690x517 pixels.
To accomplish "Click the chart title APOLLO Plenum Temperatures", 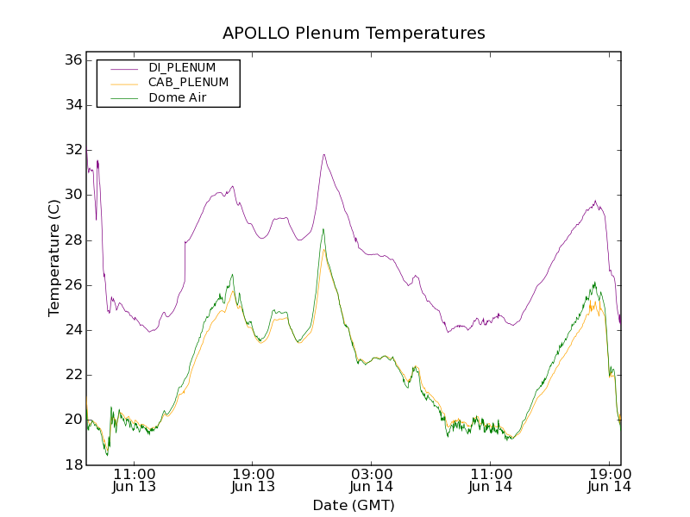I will pyautogui.click(x=354, y=34).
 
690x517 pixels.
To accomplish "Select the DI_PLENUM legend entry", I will pyautogui.click(x=182, y=67).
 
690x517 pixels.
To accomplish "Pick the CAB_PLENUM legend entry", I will pyautogui.click(x=188, y=83).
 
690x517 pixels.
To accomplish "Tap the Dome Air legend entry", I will pyautogui.click(x=178, y=98).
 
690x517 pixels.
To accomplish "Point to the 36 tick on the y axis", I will pyautogui.click(x=72, y=60).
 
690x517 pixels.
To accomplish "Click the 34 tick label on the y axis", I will pyautogui.click(x=72, y=105).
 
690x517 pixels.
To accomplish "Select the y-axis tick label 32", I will pyautogui.click(x=72, y=150).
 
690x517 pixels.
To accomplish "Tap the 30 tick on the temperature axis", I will pyautogui.click(x=72, y=195).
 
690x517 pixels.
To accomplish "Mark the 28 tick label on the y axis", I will pyautogui.click(x=72, y=240).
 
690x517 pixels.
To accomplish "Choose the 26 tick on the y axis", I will pyautogui.click(x=72, y=284).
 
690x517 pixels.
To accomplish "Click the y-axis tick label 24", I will pyautogui.click(x=72, y=329).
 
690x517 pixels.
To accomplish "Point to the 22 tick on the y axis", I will pyautogui.click(x=72, y=374).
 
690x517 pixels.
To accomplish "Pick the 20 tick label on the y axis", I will pyautogui.click(x=72, y=420).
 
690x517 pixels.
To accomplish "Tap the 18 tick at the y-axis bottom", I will pyautogui.click(x=72, y=464).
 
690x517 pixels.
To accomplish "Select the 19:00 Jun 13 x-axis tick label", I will pyautogui.click(x=253, y=480).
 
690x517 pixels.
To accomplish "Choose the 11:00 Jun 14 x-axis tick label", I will pyautogui.click(x=490, y=480).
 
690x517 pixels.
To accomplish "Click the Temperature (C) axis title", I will pyautogui.click(x=54, y=258).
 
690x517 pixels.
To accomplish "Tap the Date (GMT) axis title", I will pyautogui.click(x=354, y=505).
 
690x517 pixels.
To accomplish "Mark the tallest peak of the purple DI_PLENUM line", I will pyautogui.click(x=323, y=155).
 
